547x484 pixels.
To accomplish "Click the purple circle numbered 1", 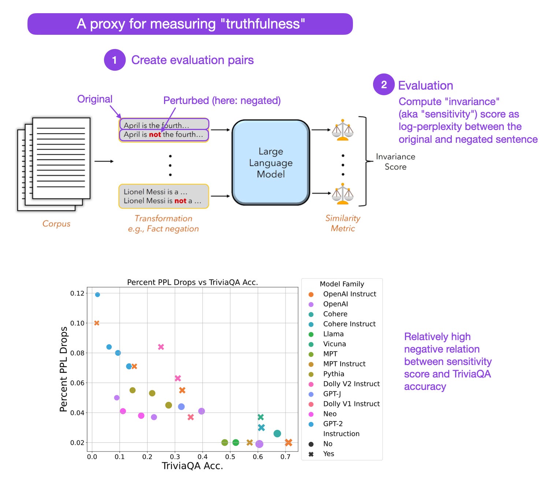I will (x=115, y=60).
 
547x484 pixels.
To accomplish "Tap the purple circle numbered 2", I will (x=383, y=85).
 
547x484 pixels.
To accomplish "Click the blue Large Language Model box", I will (x=271, y=163).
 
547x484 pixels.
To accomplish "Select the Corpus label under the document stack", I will (x=56, y=223).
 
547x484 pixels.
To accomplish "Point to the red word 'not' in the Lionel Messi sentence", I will (x=180, y=201).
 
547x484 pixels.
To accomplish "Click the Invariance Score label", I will (x=395, y=161).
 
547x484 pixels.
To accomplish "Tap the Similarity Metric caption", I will (x=343, y=223).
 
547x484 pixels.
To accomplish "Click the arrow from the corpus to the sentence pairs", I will (x=104, y=161).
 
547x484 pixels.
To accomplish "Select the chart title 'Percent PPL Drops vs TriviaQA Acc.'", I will (x=192, y=282).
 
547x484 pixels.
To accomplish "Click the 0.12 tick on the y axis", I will (x=77, y=293).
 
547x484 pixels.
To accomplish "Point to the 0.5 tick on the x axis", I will (x=230, y=457).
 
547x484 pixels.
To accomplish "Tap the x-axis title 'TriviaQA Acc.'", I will (x=192, y=466).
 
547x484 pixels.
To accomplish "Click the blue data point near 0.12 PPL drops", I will (x=97, y=294).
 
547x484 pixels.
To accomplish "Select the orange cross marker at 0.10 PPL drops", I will (x=97, y=323).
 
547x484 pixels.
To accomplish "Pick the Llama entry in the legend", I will (x=333, y=334).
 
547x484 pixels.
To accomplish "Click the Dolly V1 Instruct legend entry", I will (x=351, y=404).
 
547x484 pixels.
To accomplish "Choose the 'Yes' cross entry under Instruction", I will (x=328, y=454).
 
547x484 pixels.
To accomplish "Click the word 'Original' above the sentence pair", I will (x=94, y=99).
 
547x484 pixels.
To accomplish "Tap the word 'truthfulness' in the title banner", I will (x=263, y=24).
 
